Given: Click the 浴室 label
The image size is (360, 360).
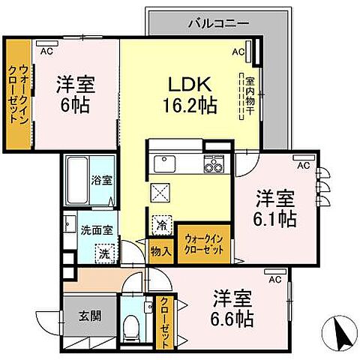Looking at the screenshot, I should [x=101, y=181].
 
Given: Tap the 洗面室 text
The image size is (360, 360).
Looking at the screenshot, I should [x=97, y=230].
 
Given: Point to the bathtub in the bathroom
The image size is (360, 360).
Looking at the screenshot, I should [x=76, y=179].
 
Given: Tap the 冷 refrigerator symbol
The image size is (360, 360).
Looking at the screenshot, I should [x=161, y=223].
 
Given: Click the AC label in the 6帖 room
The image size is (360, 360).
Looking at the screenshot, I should [x=46, y=51].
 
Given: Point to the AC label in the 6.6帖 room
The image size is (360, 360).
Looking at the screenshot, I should [x=275, y=280].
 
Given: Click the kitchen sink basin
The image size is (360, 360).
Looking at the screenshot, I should [x=163, y=163].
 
